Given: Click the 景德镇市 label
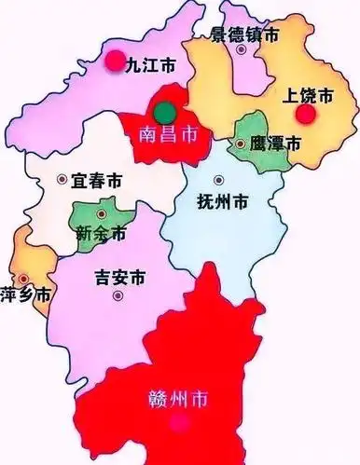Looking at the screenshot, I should pos(244,35).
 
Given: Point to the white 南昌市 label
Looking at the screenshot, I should pos(167,135).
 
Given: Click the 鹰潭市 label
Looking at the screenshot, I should pos(276,144).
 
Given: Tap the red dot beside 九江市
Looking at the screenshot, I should pos(114,62).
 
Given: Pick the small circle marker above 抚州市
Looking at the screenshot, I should pos(218,180).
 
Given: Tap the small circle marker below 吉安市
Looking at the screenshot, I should pos(118,296).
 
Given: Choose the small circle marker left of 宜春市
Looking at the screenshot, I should pos(62,179).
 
